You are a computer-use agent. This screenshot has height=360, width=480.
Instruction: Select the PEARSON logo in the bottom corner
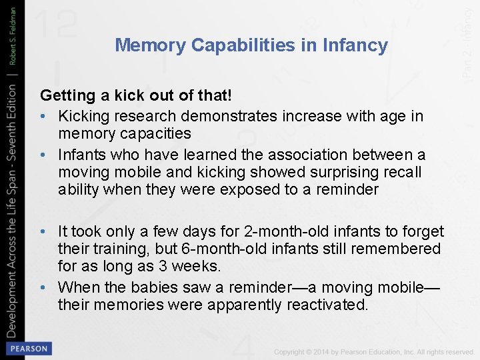(27, 348)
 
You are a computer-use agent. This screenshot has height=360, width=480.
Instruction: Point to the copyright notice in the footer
(373, 351)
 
